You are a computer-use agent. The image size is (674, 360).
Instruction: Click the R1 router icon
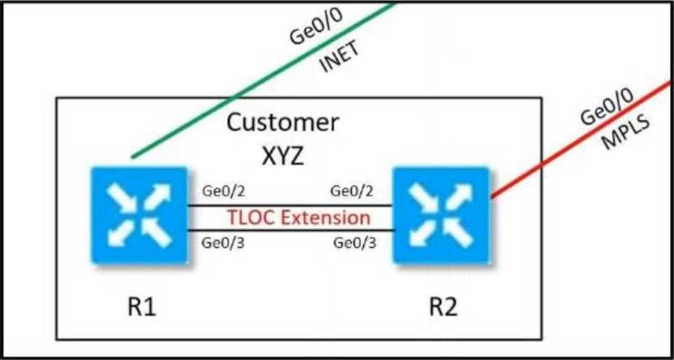coord(140,215)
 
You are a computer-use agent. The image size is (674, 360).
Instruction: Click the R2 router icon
coord(442,215)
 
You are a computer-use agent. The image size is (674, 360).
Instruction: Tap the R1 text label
coord(141,307)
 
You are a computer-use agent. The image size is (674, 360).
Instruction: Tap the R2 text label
coord(443,307)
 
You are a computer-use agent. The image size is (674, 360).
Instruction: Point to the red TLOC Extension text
coord(298,217)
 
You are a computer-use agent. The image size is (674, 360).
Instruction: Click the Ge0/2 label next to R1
coord(224,191)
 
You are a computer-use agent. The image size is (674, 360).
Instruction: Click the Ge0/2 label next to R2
coord(352,191)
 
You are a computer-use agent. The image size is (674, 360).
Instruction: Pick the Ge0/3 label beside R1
coord(224,243)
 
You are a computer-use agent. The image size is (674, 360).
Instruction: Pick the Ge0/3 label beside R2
coord(354,243)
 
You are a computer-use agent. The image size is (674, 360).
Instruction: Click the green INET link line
coord(264,80)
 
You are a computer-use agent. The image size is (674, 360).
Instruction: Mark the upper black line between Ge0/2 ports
coord(291,206)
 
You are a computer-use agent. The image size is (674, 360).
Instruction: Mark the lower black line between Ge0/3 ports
coord(291,231)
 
